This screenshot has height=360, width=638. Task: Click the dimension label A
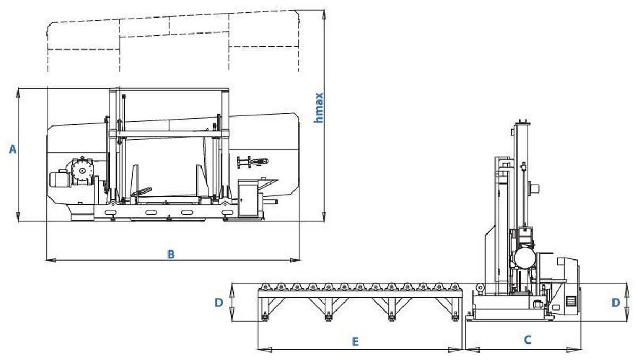(x=13, y=149)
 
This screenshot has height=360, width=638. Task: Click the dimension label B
(x=171, y=254)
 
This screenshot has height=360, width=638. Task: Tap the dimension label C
(x=527, y=340)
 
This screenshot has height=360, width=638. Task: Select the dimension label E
(x=355, y=341)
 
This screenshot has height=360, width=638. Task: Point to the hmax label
(x=318, y=107)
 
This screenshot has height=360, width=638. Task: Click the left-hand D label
(x=219, y=303)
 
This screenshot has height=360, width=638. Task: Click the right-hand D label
(x=616, y=303)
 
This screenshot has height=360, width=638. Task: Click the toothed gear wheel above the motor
(x=82, y=170)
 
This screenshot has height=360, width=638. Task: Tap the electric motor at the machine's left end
(x=60, y=179)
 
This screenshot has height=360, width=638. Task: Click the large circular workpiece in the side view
(x=525, y=258)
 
